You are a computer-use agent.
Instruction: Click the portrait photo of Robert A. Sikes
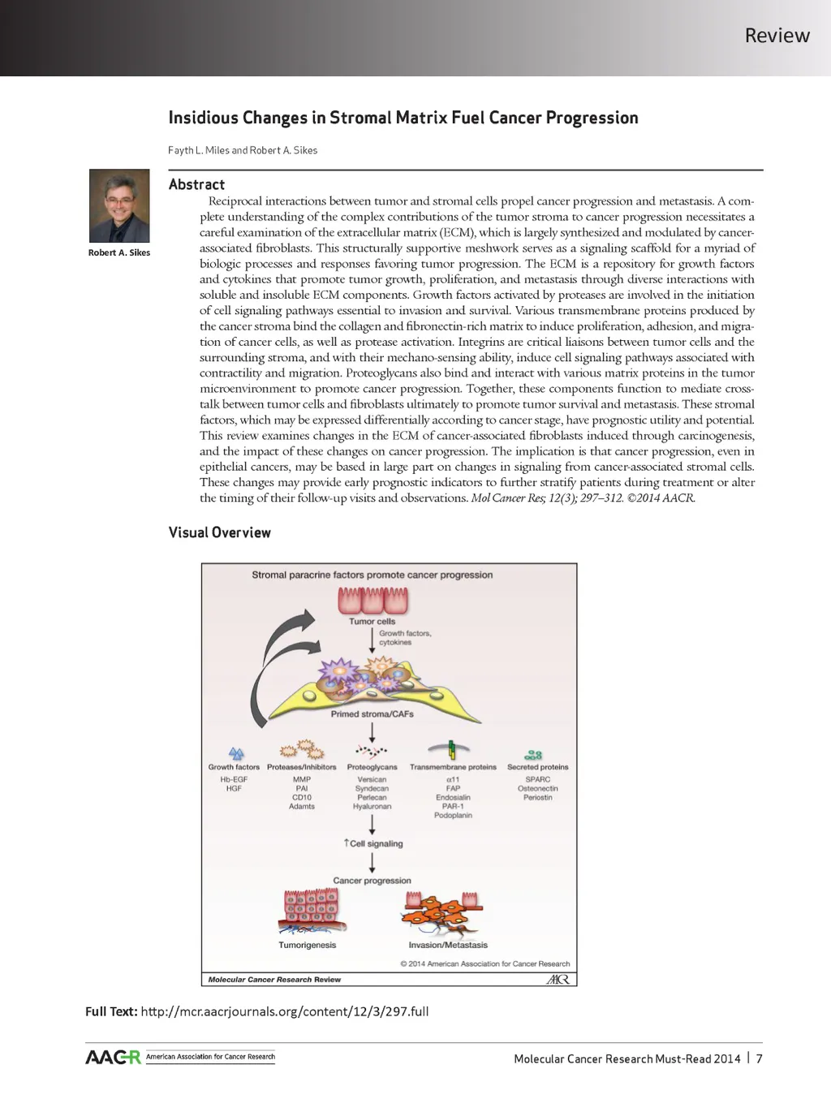[119, 205]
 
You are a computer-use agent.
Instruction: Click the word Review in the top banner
[777, 36]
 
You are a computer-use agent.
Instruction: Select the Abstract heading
[196, 184]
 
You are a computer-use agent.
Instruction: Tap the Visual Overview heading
[219, 532]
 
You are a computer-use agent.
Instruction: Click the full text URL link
[284, 1011]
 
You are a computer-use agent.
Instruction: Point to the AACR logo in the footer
[113, 1057]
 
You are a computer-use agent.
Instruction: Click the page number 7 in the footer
[759, 1058]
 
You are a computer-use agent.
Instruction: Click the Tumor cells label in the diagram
[372, 622]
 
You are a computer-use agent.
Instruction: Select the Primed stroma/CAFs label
[372, 714]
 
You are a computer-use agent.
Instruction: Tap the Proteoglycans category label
[372, 767]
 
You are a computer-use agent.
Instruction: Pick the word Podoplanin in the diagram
[453, 815]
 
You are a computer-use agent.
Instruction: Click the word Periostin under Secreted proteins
[537, 797]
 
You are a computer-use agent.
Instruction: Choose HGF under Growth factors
[234, 788]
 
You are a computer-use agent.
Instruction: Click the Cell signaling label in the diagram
[375, 843]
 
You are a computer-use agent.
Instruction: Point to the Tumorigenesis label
[307, 945]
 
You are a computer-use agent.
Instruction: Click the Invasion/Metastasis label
[448, 945]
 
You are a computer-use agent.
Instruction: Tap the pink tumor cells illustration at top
[373, 601]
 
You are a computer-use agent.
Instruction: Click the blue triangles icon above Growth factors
[236, 754]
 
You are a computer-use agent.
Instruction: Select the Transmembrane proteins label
[453, 767]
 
